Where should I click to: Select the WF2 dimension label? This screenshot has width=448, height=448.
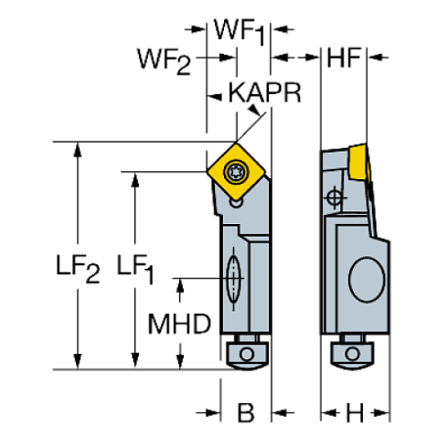point(165,62)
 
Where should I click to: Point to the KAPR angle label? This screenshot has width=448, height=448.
point(264,93)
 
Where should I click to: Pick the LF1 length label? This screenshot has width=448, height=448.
point(136,268)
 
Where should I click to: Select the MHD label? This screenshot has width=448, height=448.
point(181,323)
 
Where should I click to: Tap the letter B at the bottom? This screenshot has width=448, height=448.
point(246,413)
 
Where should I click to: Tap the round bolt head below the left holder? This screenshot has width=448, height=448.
point(246,353)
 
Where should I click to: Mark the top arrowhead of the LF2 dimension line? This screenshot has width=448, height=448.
point(78,150)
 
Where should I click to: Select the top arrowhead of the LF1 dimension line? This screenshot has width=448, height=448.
point(136,177)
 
